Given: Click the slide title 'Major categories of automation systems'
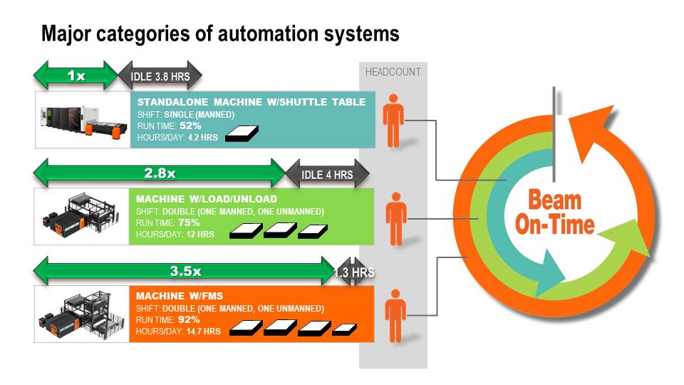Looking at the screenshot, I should click(220, 34).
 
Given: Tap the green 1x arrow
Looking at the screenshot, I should click(76, 75).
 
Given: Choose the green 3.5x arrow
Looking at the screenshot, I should click(185, 271).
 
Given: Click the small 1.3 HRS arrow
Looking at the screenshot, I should click(354, 272).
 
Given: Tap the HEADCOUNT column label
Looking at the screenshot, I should click(393, 72).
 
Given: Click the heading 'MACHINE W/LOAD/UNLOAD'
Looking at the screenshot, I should click(207, 199).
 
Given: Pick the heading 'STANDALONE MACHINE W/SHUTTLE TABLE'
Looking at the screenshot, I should click(251, 102).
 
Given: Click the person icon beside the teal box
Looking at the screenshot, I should click(393, 120).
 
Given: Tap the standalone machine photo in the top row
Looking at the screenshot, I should click(82, 119).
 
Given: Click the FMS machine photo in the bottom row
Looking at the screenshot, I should click(82, 314).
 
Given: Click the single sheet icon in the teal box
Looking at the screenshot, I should click(242, 133).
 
